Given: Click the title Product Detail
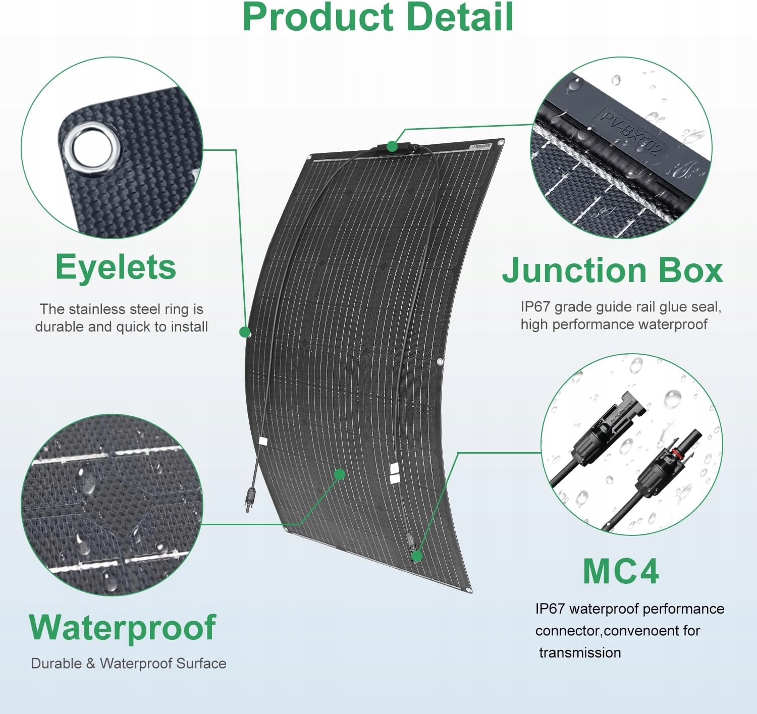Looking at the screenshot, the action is point(377,17).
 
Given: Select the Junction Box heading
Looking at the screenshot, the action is point(612,270).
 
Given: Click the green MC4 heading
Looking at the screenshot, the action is point(621,571).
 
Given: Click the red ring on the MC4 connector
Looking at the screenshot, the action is point(676,453).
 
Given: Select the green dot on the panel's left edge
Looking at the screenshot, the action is point(245,332).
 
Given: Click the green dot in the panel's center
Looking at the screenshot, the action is point(339,474).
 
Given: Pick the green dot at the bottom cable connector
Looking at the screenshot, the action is point(417,557).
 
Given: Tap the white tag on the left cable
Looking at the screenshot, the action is point(262,442).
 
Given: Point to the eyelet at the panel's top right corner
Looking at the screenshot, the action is point(501,143).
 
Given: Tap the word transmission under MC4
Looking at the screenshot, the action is point(580,652).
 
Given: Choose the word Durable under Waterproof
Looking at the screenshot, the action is point(57,664).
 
